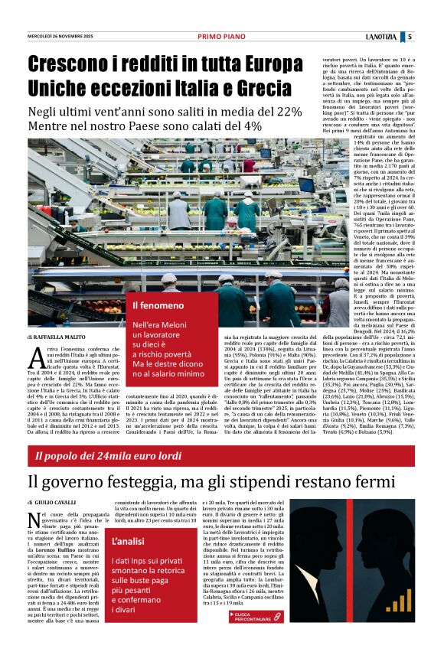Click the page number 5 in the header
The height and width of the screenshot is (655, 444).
click(x=432, y=37)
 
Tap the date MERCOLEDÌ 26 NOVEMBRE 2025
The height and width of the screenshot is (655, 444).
click(x=61, y=37)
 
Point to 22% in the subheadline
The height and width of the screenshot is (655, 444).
click(x=287, y=111)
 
